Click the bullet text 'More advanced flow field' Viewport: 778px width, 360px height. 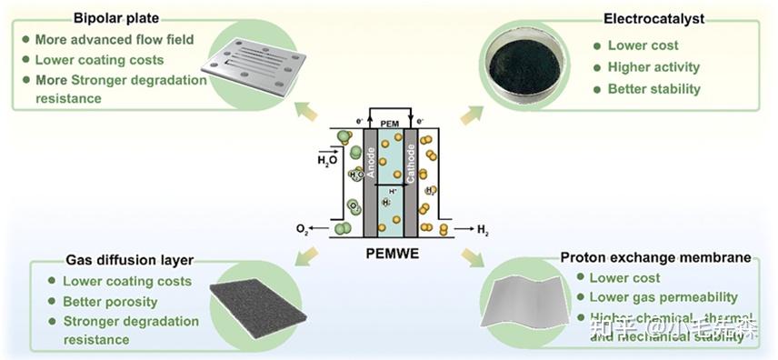click(x=114, y=39)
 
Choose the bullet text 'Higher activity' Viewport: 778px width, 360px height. click(x=653, y=66)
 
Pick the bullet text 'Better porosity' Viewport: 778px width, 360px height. click(x=109, y=301)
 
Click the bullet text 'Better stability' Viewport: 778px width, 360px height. click(x=653, y=88)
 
